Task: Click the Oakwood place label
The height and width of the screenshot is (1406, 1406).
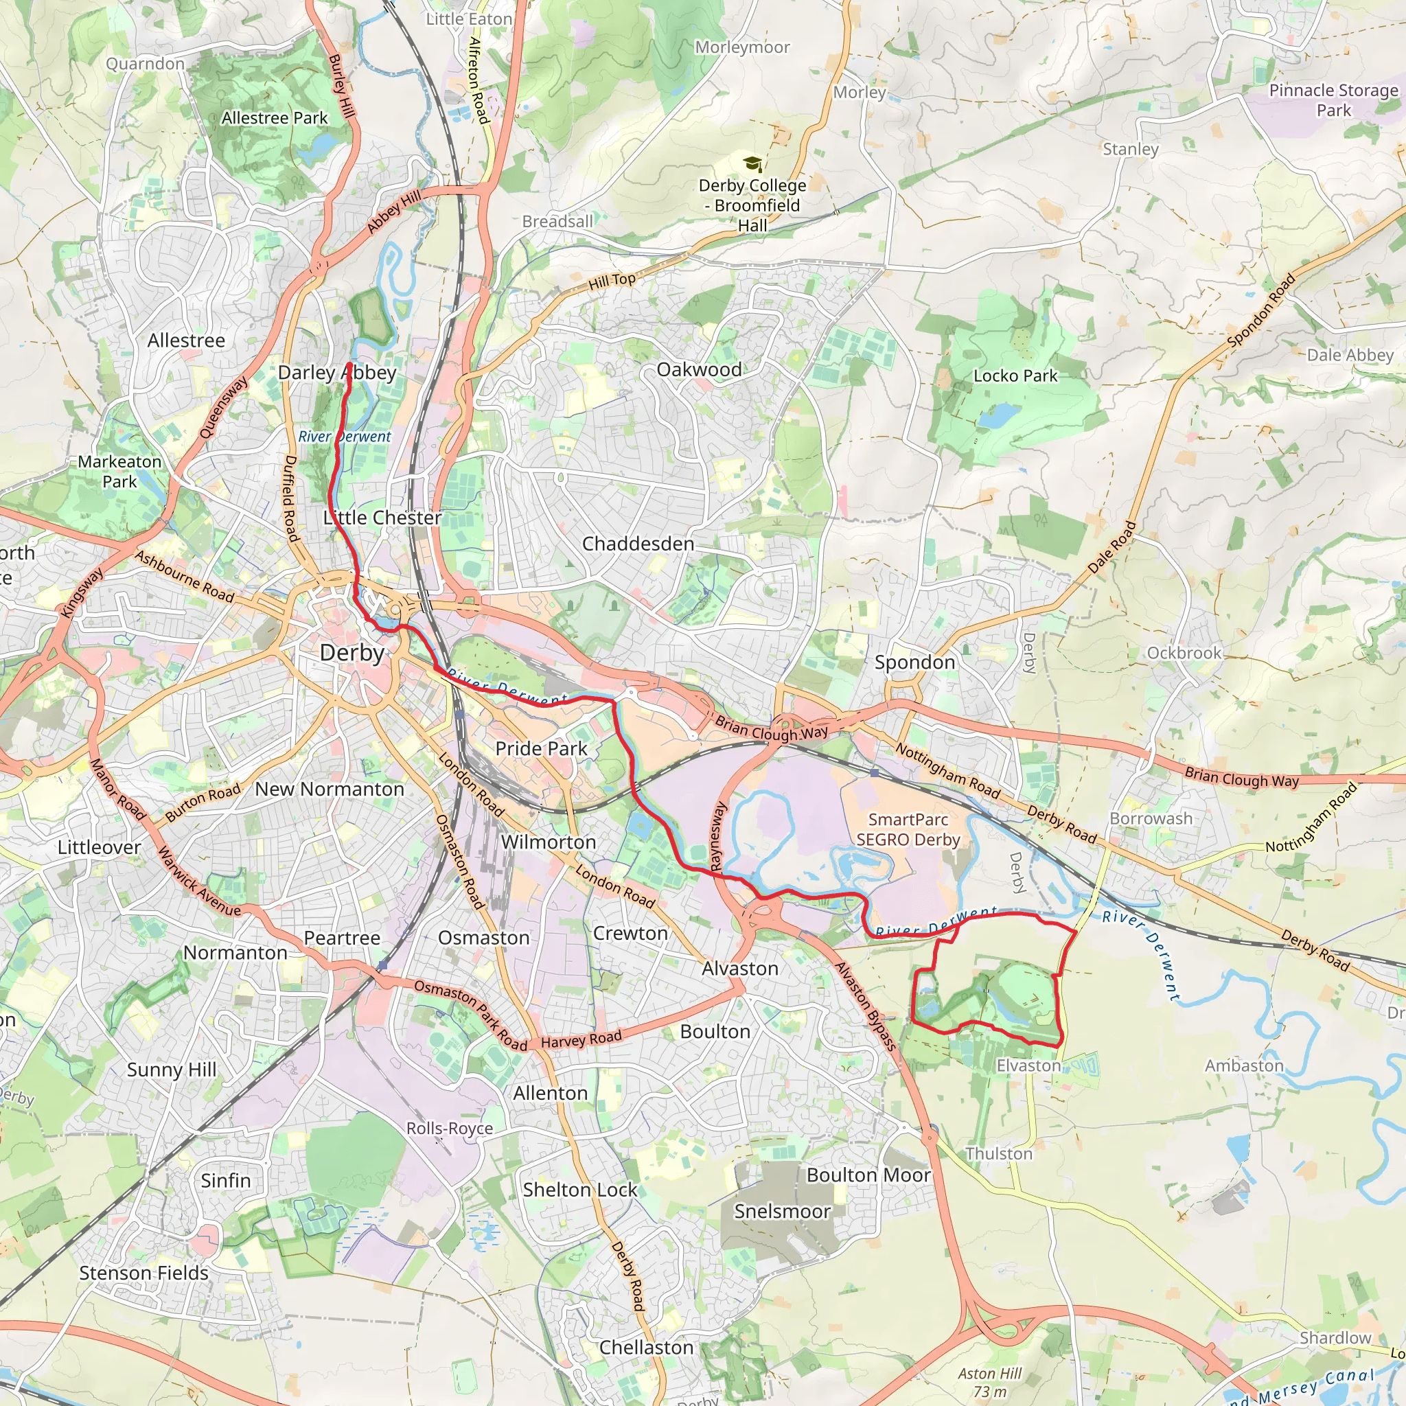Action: click(x=699, y=370)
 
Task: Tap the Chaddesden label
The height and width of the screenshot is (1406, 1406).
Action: click(x=638, y=544)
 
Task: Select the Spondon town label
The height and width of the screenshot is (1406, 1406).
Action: click(x=914, y=662)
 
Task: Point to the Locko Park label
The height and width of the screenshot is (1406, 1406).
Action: click(x=1015, y=376)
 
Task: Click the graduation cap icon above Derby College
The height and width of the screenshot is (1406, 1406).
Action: click(x=752, y=164)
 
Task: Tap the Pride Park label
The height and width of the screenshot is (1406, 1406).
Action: click(x=541, y=748)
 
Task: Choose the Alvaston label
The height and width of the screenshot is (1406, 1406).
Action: click(x=739, y=969)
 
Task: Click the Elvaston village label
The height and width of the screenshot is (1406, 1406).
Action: click(x=1028, y=1065)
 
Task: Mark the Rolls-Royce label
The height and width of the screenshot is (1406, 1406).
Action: click(x=449, y=1128)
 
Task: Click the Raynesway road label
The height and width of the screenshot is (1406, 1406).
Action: click(x=717, y=836)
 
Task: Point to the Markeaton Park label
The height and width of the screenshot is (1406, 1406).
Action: click(x=119, y=472)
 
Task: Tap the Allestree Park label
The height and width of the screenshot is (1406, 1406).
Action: click(x=275, y=118)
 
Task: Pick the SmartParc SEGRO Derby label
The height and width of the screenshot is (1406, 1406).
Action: click(x=908, y=829)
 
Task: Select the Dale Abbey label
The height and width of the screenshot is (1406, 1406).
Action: click(x=1349, y=355)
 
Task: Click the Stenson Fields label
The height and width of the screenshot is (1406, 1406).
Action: click(x=143, y=1273)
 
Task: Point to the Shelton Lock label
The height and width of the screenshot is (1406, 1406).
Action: click(x=579, y=1190)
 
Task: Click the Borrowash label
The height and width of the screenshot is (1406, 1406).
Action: click(x=1150, y=819)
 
